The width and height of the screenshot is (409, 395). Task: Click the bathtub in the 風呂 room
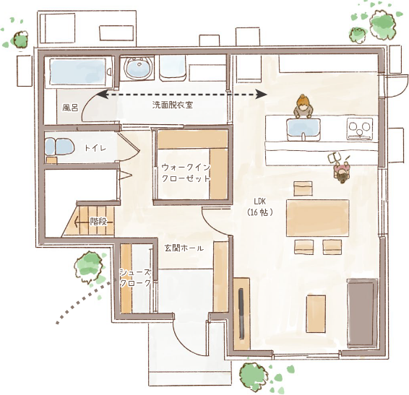click(78, 72)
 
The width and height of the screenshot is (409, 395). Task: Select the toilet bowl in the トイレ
click(60, 147)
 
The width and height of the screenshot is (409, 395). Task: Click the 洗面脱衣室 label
click(173, 105)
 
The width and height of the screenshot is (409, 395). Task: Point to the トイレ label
click(95, 148)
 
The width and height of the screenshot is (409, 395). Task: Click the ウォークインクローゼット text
click(186, 173)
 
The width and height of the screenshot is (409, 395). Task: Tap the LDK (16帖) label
click(260, 207)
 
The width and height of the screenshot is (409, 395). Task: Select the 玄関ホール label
click(184, 248)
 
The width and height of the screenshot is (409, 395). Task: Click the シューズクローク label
click(136, 278)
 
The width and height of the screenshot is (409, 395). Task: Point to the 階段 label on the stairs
click(99, 222)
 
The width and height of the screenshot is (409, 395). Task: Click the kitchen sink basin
click(303, 130)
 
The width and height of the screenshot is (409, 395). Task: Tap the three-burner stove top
click(360, 129)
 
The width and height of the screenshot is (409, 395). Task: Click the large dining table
click(318, 218)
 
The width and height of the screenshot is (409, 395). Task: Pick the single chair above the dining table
click(303, 188)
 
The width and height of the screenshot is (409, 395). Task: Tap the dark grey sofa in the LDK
click(362, 313)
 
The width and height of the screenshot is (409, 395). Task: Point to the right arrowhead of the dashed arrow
click(262, 94)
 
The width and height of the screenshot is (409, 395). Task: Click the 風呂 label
click(70, 108)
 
